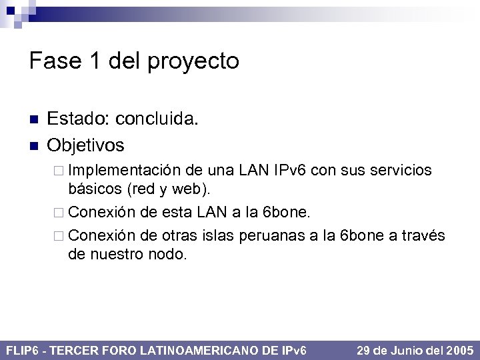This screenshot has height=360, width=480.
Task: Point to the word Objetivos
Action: pos(86,144)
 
